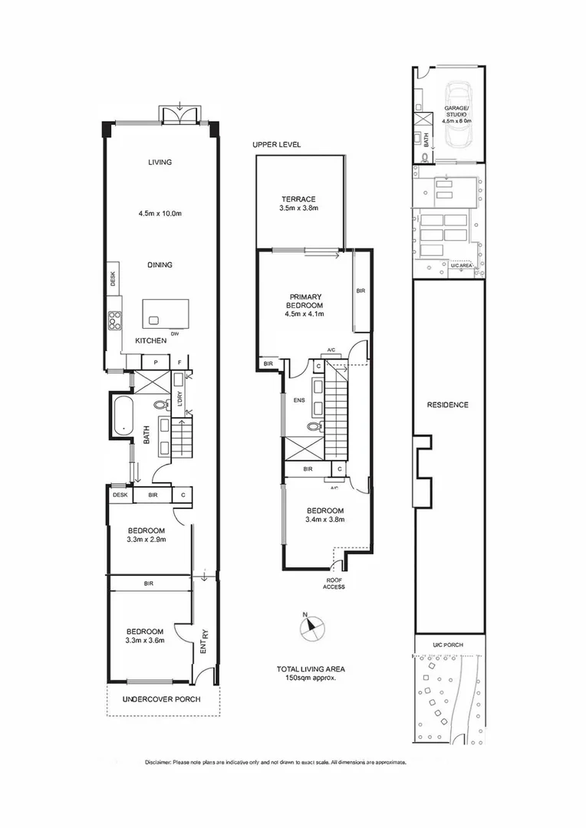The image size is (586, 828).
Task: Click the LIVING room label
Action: (x=160, y=163)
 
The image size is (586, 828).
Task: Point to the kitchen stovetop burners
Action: (x=115, y=318)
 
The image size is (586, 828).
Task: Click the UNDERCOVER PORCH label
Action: (x=162, y=699)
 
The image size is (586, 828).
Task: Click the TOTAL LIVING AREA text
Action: (x=311, y=669)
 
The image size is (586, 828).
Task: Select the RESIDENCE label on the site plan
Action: (x=449, y=405)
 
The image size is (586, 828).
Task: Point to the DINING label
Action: (x=160, y=265)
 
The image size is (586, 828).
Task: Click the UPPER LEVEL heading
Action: (x=276, y=145)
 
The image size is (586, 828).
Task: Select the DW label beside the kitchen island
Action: (x=175, y=333)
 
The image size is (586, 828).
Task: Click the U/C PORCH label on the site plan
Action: (x=449, y=645)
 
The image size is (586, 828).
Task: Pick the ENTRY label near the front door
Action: (x=204, y=639)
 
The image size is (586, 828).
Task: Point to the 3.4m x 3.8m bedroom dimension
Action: (x=325, y=520)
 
